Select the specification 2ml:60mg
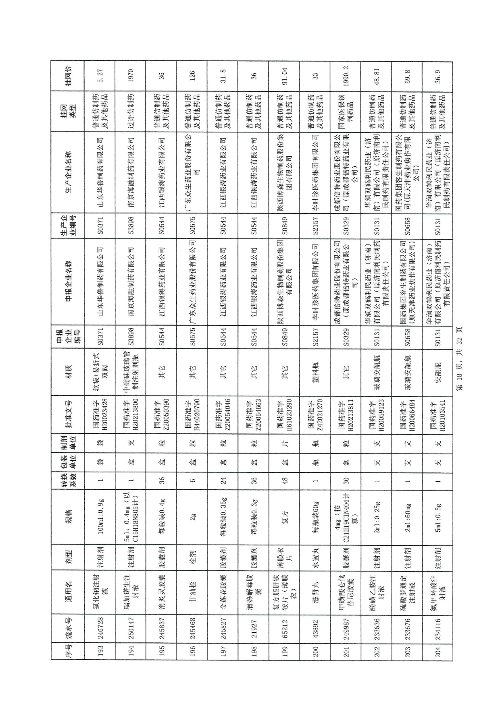407,517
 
